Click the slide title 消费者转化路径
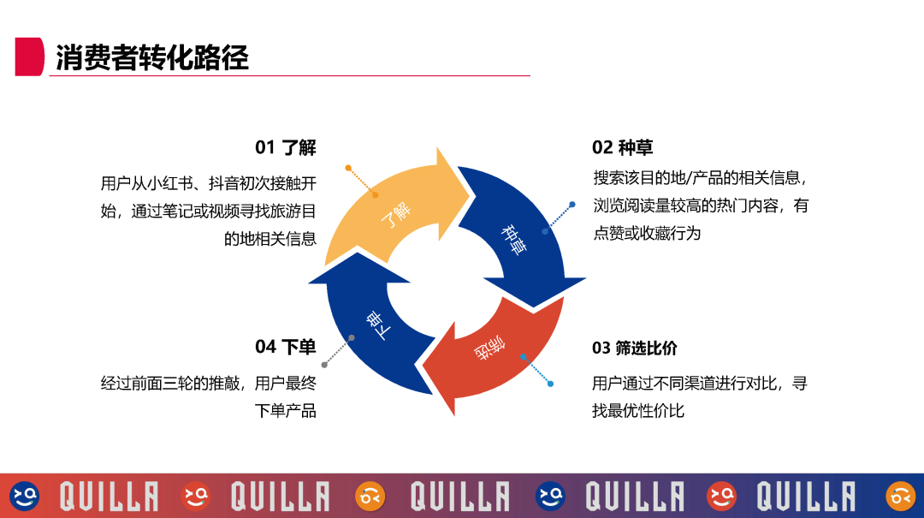(152, 57)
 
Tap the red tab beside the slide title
(29, 57)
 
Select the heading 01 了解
(286, 147)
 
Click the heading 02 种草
(622, 147)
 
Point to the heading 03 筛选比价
(634, 348)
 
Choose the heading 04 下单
(286, 347)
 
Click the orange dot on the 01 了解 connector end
(348, 168)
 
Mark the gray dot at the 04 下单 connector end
(325, 365)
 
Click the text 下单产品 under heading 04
(286, 411)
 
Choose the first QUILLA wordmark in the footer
(109, 496)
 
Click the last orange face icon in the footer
(900, 495)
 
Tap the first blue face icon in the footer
(25, 495)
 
